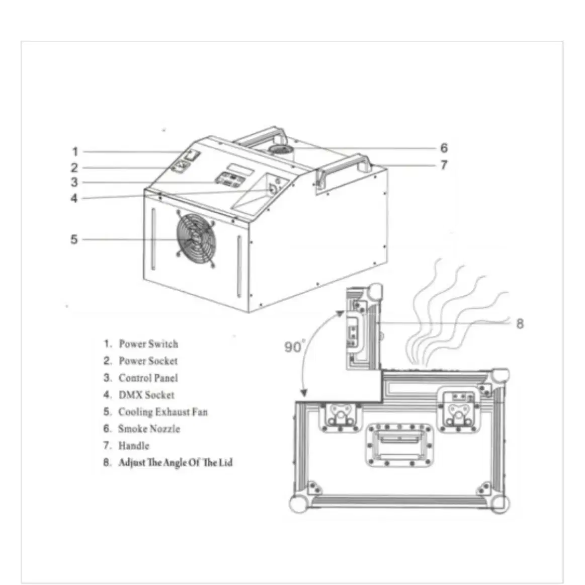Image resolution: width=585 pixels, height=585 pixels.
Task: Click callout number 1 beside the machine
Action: click(x=75, y=151)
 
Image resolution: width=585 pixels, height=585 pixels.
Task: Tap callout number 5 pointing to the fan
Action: click(x=74, y=239)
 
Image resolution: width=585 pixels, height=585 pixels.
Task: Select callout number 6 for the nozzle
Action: click(x=444, y=148)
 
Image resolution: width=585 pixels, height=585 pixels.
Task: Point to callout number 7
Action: click(x=444, y=164)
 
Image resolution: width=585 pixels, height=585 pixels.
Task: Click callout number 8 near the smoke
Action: click(x=520, y=323)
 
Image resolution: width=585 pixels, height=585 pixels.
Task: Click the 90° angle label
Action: click(x=295, y=347)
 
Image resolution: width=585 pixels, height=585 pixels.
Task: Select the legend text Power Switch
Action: click(x=148, y=344)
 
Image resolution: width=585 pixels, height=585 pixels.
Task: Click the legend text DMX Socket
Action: click(x=146, y=395)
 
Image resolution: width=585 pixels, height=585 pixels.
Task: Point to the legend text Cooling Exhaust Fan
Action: click(x=163, y=412)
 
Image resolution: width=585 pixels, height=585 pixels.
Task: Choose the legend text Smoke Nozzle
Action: click(x=149, y=429)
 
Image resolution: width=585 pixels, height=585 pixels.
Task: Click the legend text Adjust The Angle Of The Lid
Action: click(x=176, y=463)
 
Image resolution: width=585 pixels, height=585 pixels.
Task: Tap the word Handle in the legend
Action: click(x=134, y=446)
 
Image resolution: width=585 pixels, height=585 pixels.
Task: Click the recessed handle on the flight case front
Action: click(x=399, y=445)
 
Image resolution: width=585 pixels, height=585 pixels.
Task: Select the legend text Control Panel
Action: click(x=148, y=378)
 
